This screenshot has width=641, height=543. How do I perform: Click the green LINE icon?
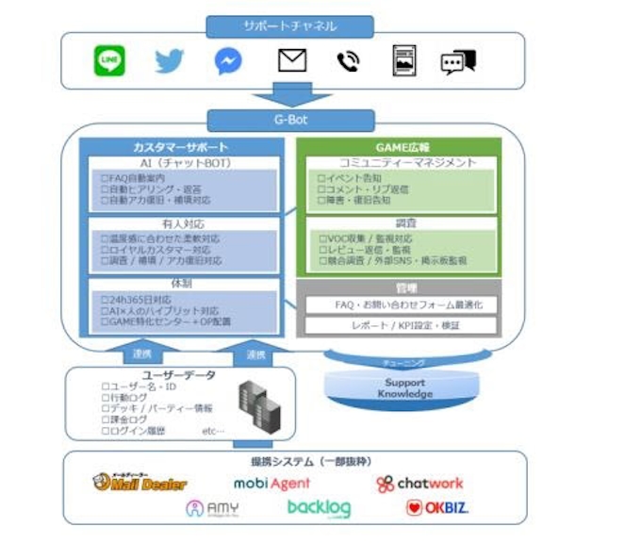pos(109,62)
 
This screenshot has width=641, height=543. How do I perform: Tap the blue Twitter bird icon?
pos(169,62)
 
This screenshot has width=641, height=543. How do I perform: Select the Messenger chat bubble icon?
pos(227,62)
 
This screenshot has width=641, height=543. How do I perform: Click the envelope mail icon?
pos(292,62)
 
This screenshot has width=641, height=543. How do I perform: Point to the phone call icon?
pos(347,62)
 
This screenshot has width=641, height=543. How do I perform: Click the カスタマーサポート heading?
pos(180,148)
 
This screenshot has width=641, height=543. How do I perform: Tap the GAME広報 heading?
pos(398,148)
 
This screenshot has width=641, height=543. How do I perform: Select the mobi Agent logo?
pos(271,484)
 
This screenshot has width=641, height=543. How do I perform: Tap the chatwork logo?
pos(419,484)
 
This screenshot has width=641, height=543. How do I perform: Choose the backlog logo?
pos(319,509)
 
